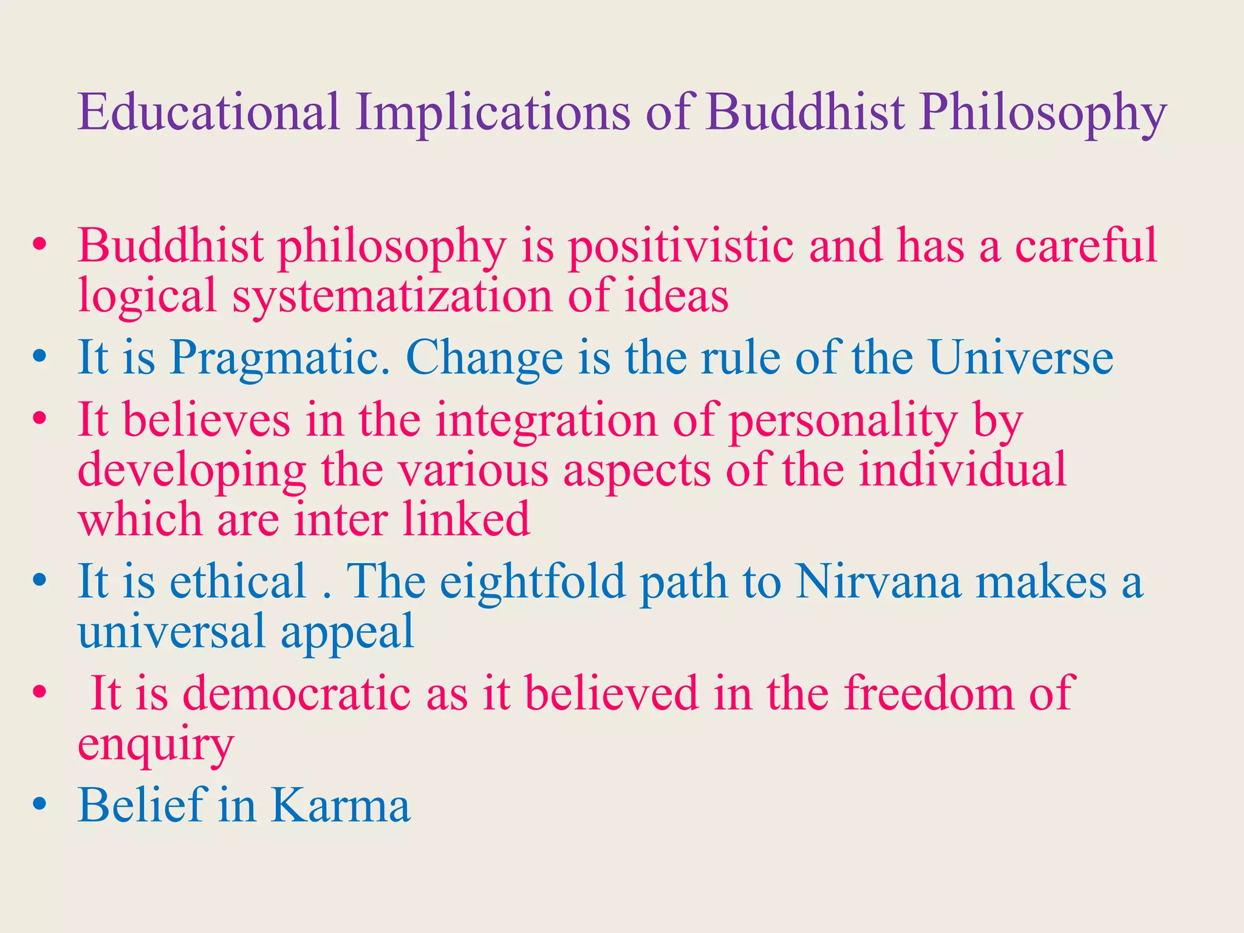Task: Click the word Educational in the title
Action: click(x=208, y=113)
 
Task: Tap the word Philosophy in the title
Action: click(x=1042, y=113)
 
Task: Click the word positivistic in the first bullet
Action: click(x=680, y=247)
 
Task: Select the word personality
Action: click(x=842, y=421)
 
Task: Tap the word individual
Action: click(x=962, y=470)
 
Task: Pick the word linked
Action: click(x=466, y=520)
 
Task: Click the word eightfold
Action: click(x=533, y=583)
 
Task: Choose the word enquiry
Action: click(x=155, y=745)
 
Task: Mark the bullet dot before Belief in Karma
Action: click(x=40, y=805)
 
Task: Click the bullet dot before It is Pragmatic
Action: click(x=40, y=357)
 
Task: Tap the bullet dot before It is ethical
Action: click(x=40, y=581)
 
